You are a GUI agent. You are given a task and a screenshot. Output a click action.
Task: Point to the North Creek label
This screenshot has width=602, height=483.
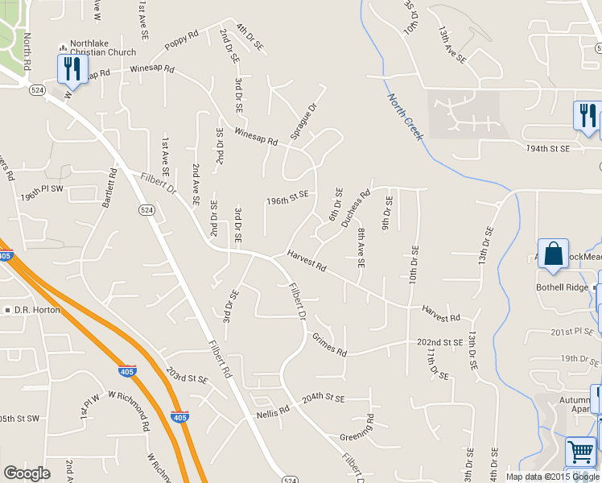(405, 117)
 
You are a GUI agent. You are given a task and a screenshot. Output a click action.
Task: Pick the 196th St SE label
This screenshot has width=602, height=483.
(287, 196)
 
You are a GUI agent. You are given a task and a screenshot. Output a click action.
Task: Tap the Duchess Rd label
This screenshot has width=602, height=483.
(355, 208)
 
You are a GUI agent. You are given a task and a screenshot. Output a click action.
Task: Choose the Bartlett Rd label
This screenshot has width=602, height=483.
(109, 189)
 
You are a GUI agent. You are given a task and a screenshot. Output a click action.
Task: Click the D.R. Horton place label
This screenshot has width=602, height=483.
(36, 310)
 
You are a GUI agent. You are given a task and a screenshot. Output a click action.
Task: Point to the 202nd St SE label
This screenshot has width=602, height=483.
(439, 343)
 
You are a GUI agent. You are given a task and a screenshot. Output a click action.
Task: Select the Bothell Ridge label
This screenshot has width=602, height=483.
(563, 287)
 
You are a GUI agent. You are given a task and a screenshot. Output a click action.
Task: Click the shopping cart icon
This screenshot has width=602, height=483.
(580, 451)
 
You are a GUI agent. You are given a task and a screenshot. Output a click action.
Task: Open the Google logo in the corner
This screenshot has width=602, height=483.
(26, 473)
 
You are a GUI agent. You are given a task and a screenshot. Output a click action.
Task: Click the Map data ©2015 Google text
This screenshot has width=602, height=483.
(551, 477)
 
